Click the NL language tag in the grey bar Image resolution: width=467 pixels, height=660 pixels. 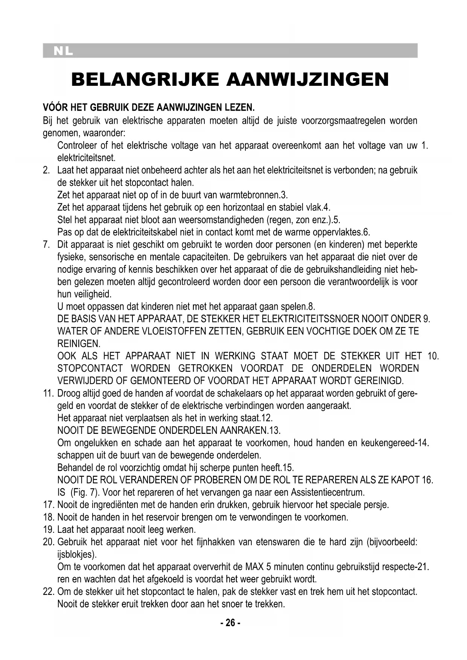click(63, 51)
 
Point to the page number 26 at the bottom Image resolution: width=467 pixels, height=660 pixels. click(230, 623)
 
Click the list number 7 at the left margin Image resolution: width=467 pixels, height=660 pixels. click(47, 245)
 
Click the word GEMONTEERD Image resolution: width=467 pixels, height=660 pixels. click(158, 381)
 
